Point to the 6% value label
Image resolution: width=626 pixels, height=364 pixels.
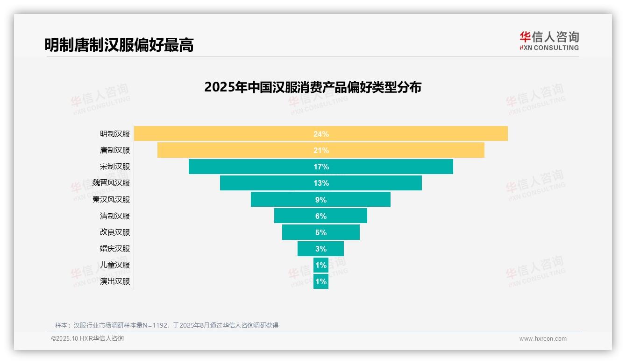[x=321, y=216]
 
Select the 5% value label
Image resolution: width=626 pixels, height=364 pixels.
[x=321, y=232]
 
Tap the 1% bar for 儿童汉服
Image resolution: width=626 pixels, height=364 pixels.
[x=321, y=265]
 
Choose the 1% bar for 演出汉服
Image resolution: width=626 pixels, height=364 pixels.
[x=321, y=281]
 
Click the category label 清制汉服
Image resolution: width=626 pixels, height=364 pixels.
[x=115, y=216]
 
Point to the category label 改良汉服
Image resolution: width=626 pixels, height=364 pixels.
[x=115, y=232]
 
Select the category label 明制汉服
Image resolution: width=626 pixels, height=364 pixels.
[x=115, y=134]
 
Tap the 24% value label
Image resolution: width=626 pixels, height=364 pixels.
[x=321, y=134]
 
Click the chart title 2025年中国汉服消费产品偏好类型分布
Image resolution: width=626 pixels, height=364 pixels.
[x=313, y=87]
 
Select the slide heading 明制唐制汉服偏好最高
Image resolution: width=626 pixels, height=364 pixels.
[x=119, y=45]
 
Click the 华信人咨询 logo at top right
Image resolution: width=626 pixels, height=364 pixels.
[x=549, y=41]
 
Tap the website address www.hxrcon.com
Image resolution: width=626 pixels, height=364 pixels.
[x=542, y=339]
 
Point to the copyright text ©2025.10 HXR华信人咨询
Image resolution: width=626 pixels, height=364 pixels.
[x=87, y=339]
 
